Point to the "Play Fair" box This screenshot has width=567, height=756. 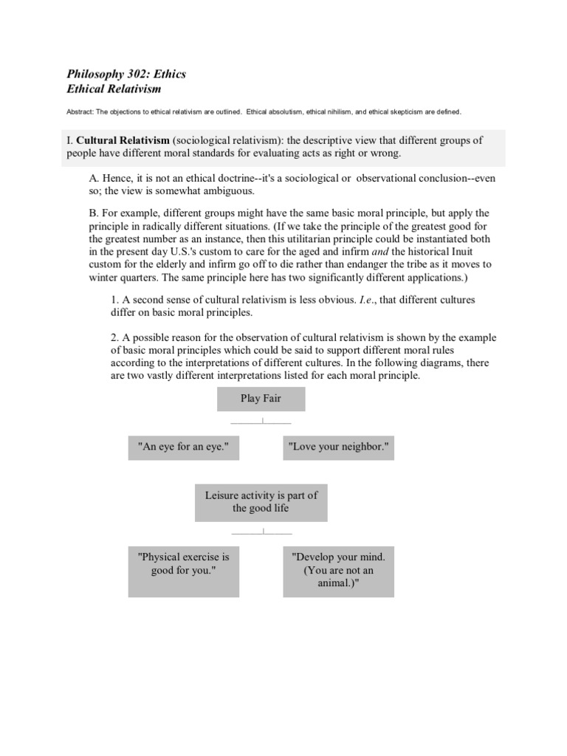261,399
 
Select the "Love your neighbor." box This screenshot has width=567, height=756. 338,448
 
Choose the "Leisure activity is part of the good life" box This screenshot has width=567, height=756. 261,502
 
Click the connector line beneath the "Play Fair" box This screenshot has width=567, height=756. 261,422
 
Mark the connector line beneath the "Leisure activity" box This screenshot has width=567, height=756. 261,532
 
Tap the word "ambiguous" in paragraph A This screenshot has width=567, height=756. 230,190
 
